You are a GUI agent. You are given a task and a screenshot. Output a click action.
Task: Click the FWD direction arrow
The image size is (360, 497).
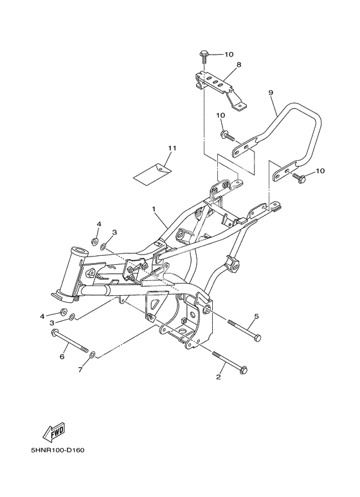(x=54, y=432)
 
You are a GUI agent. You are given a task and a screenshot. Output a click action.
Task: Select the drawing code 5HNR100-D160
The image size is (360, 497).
(x=58, y=451)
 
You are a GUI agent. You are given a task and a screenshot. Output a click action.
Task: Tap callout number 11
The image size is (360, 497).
(x=172, y=148)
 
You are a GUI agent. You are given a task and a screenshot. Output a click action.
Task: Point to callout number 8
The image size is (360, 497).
(x=239, y=65)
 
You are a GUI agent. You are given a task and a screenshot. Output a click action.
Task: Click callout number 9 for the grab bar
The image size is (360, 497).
(x=270, y=93)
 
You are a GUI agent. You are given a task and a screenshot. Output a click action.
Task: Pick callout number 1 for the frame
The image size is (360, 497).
(x=154, y=209)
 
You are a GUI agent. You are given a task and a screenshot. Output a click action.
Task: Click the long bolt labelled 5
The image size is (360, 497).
(x=244, y=330)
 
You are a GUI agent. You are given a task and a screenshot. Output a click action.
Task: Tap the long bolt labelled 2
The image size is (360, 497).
(x=230, y=361)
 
